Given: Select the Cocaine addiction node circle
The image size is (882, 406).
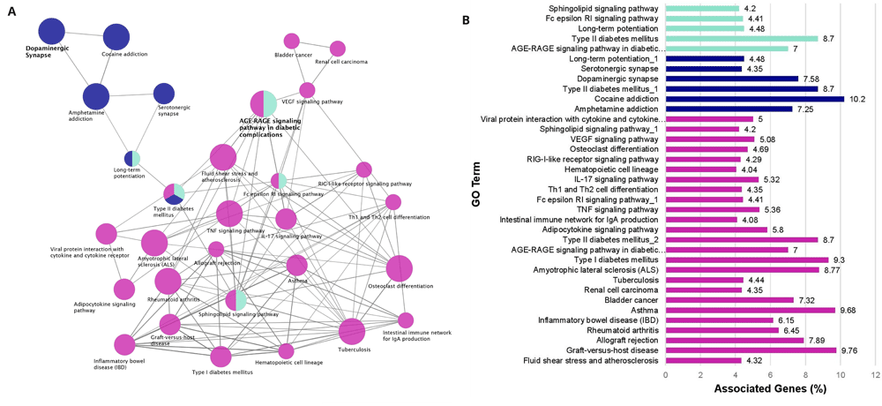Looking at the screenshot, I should click(x=116, y=37).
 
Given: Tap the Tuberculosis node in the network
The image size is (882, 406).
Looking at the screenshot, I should click(x=351, y=332).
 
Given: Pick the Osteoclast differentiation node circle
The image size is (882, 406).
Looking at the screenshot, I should click(x=399, y=268).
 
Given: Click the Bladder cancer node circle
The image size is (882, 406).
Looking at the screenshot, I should click(x=291, y=41).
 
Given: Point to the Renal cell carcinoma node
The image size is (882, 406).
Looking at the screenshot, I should click(x=337, y=49).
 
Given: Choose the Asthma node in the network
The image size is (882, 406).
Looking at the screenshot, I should click(x=296, y=265).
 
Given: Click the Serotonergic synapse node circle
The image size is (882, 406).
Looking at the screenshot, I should click(x=164, y=93).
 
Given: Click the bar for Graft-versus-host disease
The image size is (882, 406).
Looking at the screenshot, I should click(x=751, y=350).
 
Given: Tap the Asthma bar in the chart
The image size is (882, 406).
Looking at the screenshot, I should click(x=750, y=310).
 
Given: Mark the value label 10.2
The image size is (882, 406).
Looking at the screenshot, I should click(x=856, y=99).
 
